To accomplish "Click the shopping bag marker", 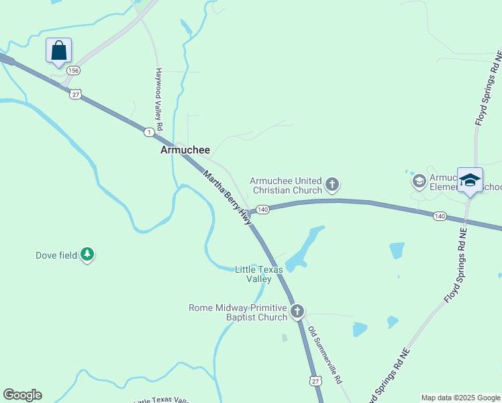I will click(58, 50).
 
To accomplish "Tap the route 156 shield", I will click(73, 71).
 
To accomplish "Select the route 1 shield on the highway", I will click(148, 133).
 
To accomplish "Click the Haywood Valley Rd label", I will click(159, 99).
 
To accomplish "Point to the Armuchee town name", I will click(185, 150).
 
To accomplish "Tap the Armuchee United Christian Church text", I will click(286, 185).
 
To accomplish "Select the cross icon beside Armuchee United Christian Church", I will click(332, 184).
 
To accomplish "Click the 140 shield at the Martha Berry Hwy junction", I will click(262, 210).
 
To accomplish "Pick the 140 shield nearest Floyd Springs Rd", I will click(440, 216).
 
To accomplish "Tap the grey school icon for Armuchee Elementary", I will click(419, 180).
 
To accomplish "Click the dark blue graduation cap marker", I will click(470, 180).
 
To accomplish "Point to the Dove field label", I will click(56, 255).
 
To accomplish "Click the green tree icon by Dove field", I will click(87, 255).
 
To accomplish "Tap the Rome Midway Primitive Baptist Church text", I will click(238, 312).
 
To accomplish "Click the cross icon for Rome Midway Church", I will click(297, 312).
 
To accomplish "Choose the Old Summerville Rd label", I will click(325, 355).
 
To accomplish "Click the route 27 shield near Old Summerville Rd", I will click(316, 381).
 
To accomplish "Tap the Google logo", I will click(22, 395).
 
